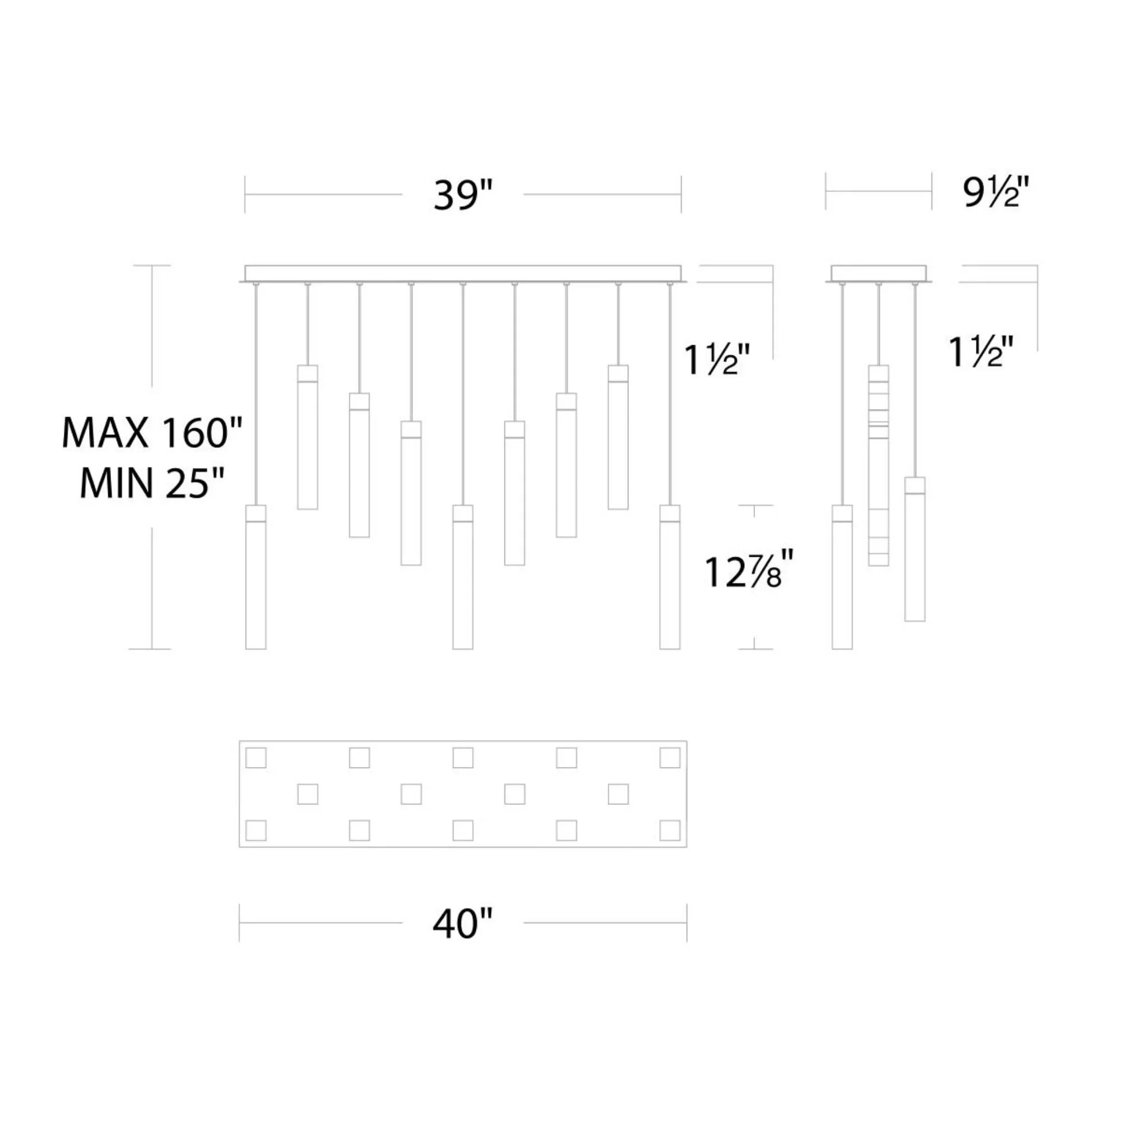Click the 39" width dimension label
click(x=462, y=196)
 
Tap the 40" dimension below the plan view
click(x=462, y=923)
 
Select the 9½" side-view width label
click(x=995, y=193)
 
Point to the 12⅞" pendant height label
click(x=748, y=573)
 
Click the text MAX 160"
click(x=152, y=433)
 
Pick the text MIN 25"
click(x=152, y=483)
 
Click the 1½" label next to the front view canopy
click(x=718, y=360)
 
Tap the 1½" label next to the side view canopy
click(x=982, y=352)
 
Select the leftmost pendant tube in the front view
click(x=256, y=577)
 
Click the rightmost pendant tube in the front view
click(x=670, y=577)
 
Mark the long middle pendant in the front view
click(x=462, y=577)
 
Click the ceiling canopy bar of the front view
click(x=462, y=274)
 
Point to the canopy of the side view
click(x=878, y=274)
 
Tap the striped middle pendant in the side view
click(x=878, y=465)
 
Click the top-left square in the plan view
click(x=256, y=758)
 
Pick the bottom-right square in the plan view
click(x=670, y=830)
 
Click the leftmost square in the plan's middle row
click(x=308, y=794)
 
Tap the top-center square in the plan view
click(x=462, y=758)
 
